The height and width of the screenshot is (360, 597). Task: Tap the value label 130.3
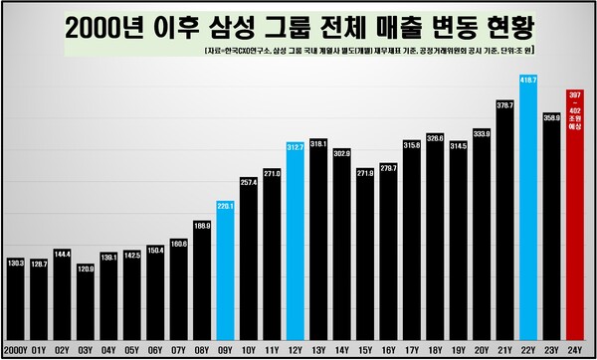[16, 262]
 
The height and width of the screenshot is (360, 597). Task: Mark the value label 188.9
[202, 226]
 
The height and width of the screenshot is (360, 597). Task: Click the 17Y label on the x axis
[412, 349]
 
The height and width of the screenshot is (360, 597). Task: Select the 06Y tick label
[156, 349]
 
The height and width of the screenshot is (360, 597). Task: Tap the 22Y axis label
[528, 349]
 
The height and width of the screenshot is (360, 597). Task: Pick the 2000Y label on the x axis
[16, 349]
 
